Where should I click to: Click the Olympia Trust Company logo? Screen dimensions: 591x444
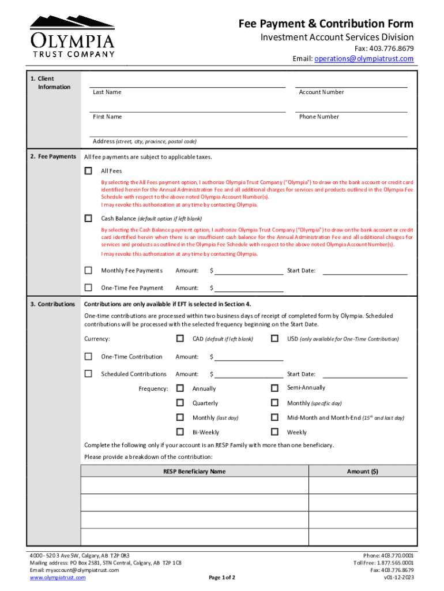72,36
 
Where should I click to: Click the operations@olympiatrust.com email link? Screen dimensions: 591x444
364,59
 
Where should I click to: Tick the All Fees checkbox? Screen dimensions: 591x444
88,171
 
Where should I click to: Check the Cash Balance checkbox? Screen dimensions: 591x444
88,218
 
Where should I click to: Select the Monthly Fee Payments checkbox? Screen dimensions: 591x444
88,270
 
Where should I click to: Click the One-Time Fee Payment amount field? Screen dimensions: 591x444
249,287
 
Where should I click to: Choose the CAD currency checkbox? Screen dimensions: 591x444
180,339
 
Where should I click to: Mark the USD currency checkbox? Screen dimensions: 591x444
274,339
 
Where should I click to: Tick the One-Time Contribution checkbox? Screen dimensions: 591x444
88,357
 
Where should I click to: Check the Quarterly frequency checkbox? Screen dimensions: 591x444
180,403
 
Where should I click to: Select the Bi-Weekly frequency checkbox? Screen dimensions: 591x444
180,432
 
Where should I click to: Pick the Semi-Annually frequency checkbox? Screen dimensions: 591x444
274,388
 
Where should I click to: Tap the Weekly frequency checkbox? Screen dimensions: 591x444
274,432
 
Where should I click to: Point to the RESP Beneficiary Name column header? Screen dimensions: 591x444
194,472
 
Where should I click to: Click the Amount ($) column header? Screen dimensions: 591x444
362,472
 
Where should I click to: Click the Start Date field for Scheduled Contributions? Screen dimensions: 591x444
364,373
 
